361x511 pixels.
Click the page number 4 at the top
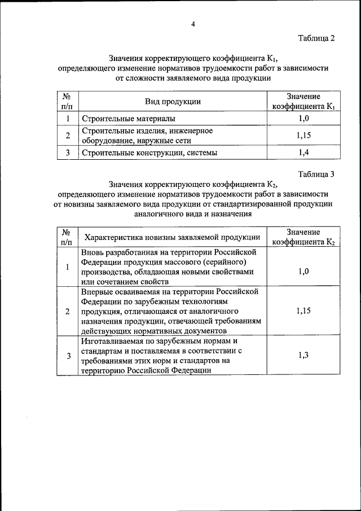tap(193, 24)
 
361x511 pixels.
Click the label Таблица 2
tap(316, 38)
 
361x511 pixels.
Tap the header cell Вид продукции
tap(173, 102)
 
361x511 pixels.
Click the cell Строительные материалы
tap(129, 119)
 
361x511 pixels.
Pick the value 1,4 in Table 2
tap(303, 152)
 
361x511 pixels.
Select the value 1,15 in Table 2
tap(303, 136)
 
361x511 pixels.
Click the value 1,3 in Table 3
tap(303, 355)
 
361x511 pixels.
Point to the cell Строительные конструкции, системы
tap(149, 152)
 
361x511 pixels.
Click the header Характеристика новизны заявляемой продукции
tap(173, 237)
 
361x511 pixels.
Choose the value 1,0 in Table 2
tap(303, 119)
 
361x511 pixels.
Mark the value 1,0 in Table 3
tap(303, 271)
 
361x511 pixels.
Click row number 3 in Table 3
tap(68, 356)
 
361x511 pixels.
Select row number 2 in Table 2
tap(68, 136)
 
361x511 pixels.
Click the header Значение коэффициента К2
tap(303, 237)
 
